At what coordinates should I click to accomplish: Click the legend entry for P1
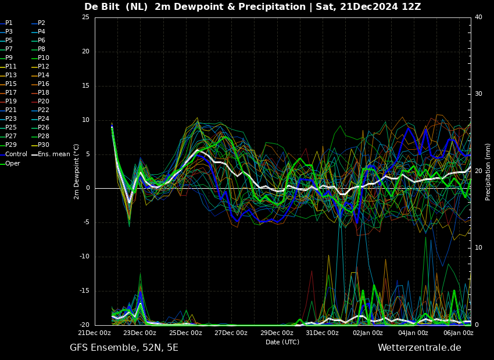click(x=6, y=23)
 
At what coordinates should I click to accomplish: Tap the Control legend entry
click(x=13, y=154)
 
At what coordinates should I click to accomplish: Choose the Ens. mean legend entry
click(x=51, y=154)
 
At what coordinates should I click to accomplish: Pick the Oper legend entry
click(x=10, y=163)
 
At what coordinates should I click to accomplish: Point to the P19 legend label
click(x=8, y=102)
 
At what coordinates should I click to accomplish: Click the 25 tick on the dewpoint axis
click(x=85, y=17)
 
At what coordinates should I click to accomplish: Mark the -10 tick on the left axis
click(x=84, y=257)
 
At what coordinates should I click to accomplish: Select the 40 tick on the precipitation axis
click(x=478, y=17)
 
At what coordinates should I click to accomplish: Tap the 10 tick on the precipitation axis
click(x=478, y=248)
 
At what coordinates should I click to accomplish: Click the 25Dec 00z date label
click(x=186, y=333)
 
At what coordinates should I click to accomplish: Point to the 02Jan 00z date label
click(x=368, y=333)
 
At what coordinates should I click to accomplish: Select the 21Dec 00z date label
click(x=95, y=333)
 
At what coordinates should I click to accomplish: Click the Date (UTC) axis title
click(x=282, y=342)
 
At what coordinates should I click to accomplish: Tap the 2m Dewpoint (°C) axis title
click(x=77, y=172)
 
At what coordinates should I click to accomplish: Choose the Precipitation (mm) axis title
click(x=488, y=172)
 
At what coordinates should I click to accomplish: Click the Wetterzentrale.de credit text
click(x=420, y=348)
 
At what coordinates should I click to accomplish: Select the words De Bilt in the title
click(x=102, y=7)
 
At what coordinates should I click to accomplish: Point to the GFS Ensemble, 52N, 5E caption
click(x=124, y=348)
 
